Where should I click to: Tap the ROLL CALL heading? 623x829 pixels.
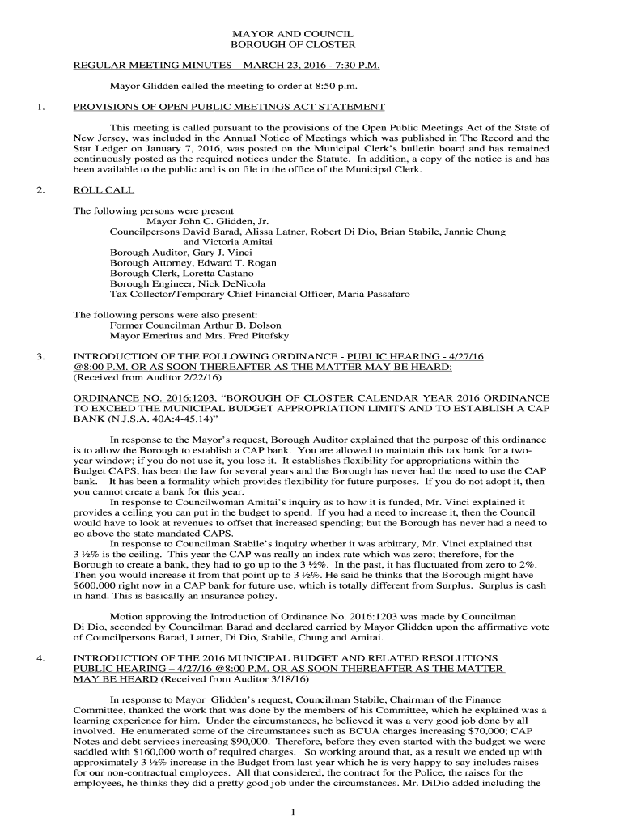click(x=104, y=190)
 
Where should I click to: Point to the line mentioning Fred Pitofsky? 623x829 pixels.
click(x=199, y=335)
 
